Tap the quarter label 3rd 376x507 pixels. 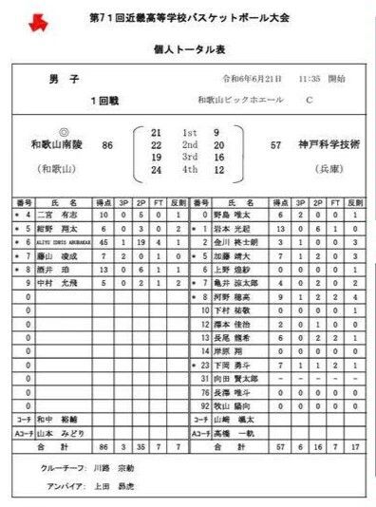189,158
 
